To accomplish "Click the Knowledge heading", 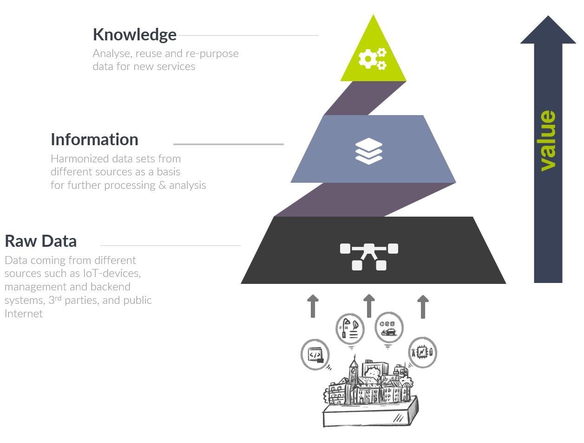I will (x=134, y=35).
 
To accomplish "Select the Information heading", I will (x=94, y=140).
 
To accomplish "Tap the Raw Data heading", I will (x=40, y=241).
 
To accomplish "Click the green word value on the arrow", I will (x=548, y=141).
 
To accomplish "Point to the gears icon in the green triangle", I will (x=372, y=58).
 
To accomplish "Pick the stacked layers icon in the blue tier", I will (x=369, y=151).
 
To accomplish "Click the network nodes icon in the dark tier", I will (x=369, y=256).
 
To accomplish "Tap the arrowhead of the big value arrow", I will (x=548, y=31).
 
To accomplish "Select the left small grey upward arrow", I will (x=313, y=306).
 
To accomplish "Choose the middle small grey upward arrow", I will (x=369, y=305).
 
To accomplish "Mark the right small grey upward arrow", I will (x=423, y=306).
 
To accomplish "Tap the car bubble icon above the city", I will (x=388, y=327).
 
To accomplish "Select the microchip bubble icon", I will (x=422, y=353).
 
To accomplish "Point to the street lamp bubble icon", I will (x=350, y=328).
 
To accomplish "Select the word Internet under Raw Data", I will (x=24, y=314).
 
